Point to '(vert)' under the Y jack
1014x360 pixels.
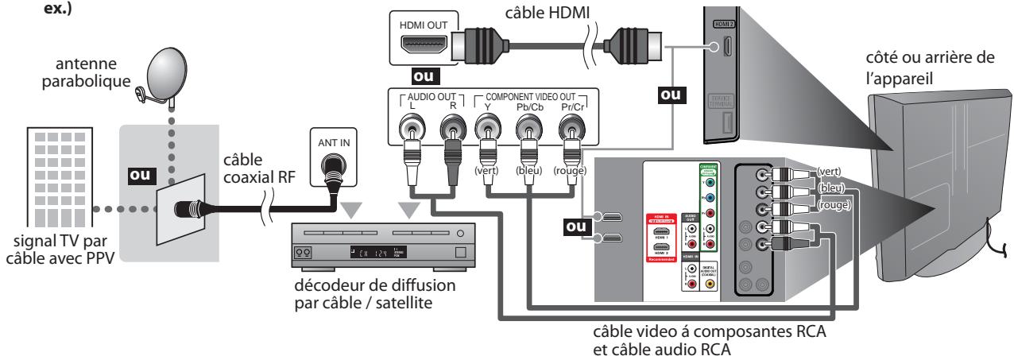[x=486, y=170]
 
